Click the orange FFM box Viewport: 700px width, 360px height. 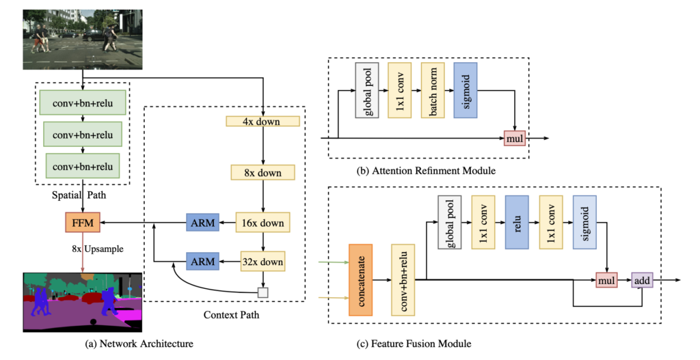tap(83, 222)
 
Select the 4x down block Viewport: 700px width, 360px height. tap(262, 122)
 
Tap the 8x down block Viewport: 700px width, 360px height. tap(262, 172)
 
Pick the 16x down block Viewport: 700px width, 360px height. tap(262, 222)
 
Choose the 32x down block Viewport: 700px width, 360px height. tap(262, 261)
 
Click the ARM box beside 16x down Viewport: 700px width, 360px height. tap(202, 222)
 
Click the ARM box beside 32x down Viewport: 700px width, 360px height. tap(202, 261)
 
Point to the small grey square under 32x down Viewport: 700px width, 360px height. tap(262, 292)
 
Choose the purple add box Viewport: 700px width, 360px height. tap(642, 279)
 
